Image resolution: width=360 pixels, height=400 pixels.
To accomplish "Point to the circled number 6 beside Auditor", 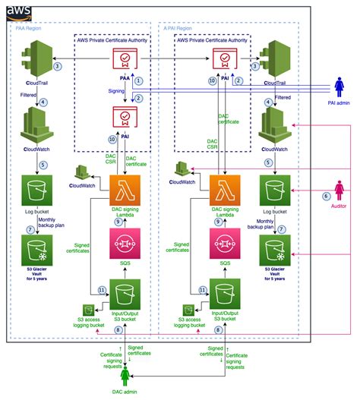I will [328, 195].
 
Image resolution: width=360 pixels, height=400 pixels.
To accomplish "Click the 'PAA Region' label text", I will [28, 27].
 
